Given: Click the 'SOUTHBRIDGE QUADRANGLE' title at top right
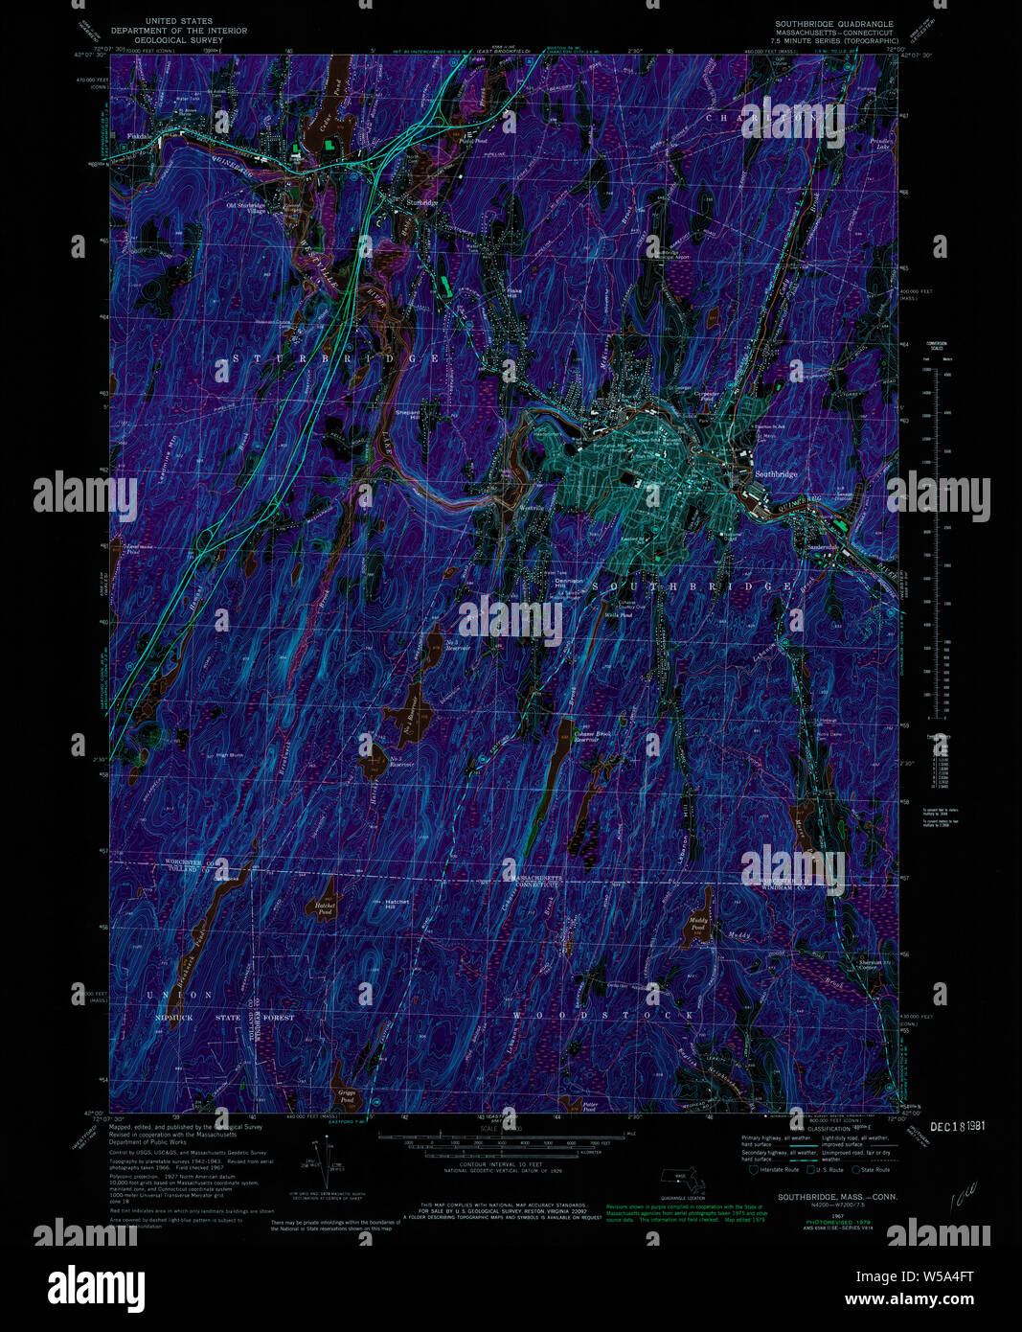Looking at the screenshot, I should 835,24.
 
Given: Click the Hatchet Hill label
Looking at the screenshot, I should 396,904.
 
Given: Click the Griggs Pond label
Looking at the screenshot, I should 346,1093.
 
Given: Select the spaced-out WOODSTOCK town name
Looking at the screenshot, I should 602,1014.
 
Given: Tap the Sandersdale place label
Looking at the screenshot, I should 822,547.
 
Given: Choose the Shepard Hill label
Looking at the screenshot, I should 408,414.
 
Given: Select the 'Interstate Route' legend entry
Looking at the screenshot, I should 778,1169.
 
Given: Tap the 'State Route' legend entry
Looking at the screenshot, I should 873,1169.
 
